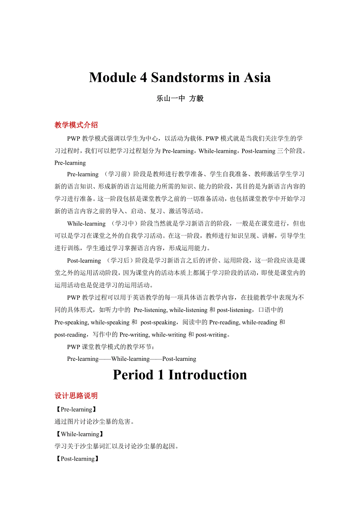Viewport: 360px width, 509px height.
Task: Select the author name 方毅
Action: (x=196, y=99)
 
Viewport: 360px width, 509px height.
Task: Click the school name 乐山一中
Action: (x=171, y=99)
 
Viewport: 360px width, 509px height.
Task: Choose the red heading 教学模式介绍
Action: (x=76, y=125)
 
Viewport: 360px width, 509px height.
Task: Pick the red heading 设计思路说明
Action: (x=76, y=396)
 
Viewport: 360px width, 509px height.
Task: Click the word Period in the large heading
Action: (x=133, y=375)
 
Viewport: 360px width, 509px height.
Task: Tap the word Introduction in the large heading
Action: (x=208, y=375)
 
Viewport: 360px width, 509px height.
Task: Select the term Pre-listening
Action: (x=151, y=310)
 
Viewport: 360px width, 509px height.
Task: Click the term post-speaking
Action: (x=158, y=323)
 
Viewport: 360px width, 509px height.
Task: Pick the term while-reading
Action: (x=260, y=323)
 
